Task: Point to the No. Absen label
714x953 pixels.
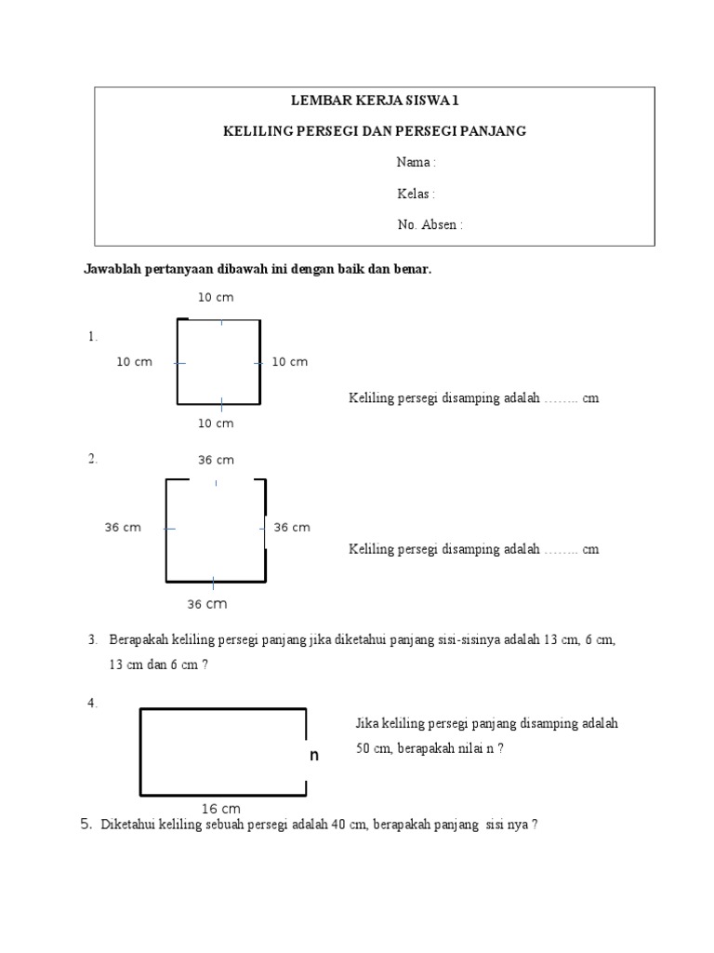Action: [430, 224]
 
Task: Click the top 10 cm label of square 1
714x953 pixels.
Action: [216, 297]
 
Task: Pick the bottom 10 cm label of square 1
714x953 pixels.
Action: [216, 423]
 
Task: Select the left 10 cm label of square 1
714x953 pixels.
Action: [134, 362]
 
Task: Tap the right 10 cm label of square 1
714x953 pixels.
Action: [289, 362]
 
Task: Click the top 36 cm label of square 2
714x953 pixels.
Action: [216, 460]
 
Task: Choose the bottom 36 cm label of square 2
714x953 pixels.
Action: [207, 604]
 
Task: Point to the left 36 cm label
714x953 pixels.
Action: [123, 528]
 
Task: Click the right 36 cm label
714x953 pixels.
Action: [292, 528]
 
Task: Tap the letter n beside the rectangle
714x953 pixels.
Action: [314, 756]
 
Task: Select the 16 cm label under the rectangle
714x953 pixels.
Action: [220, 809]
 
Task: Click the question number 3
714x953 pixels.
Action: [93, 639]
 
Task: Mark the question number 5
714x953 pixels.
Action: [86, 824]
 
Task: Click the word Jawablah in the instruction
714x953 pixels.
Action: [110, 270]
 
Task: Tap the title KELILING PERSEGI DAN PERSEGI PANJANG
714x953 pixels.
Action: [376, 131]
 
